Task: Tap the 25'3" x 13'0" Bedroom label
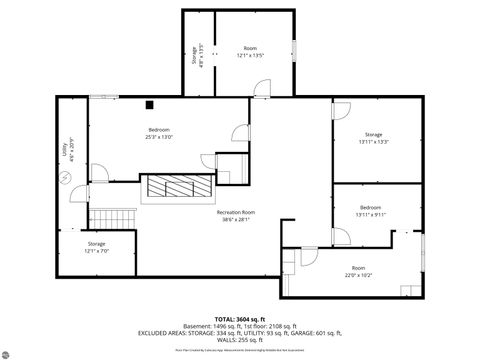[x=160, y=134]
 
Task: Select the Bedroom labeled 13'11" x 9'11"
[x=369, y=211]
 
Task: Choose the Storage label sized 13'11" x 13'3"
[x=373, y=138]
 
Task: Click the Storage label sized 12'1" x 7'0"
[x=96, y=247]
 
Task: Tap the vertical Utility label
[x=66, y=148]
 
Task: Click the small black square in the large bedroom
[x=148, y=104]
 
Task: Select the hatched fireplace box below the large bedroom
[x=176, y=187]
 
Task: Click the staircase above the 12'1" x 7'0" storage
[x=110, y=217]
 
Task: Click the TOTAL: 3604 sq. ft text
[x=240, y=318]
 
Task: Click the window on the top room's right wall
[x=295, y=49]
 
